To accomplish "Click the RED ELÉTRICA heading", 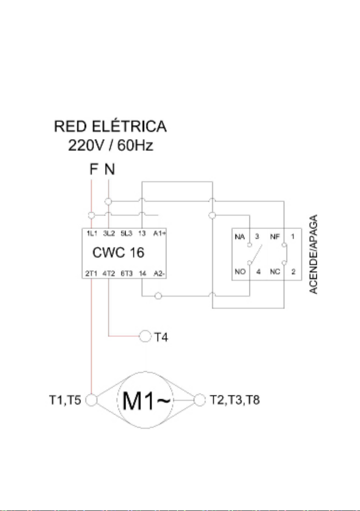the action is [111, 126].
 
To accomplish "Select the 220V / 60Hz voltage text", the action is [111, 146].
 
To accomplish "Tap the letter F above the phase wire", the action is [93, 169].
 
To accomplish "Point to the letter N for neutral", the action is [110, 169].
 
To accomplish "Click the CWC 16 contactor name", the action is [118, 253].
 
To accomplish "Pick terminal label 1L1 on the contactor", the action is [92, 233].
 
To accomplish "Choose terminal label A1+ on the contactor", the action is [159, 233].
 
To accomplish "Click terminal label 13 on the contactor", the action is [142, 233].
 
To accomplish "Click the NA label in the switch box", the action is [240, 237].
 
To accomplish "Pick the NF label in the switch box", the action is [275, 237].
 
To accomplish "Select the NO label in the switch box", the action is [240, 271].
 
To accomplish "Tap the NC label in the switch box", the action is [275, 271].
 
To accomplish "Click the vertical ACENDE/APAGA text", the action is [313, 254].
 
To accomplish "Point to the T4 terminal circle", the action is [145, 336].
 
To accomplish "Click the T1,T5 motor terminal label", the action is [65, 400].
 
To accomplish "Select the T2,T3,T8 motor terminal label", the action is [234, 400].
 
